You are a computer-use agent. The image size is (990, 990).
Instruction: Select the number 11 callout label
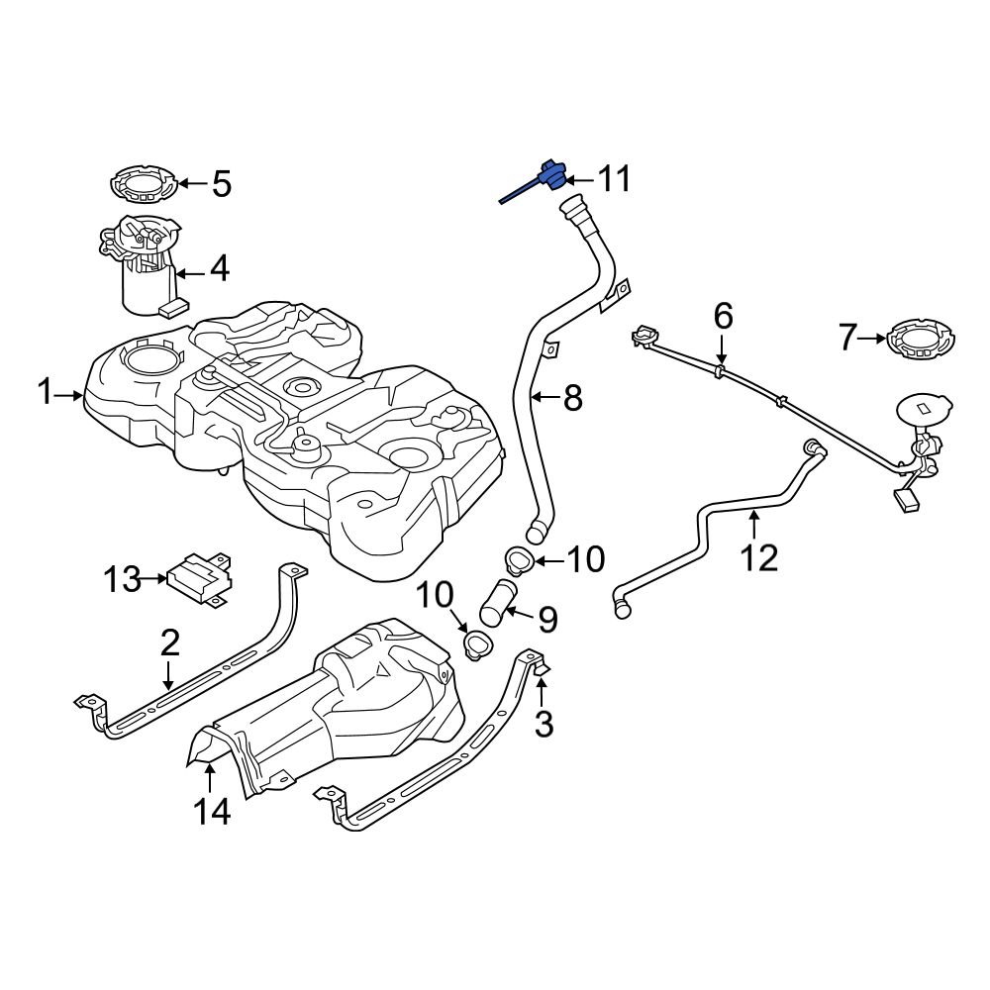(x=612, y=179)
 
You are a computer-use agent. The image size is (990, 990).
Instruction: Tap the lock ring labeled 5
(x=145, y=185)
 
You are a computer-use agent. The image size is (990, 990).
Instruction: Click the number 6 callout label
(x=723, y=317)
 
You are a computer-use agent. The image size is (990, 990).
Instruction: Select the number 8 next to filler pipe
(x=572, y=399)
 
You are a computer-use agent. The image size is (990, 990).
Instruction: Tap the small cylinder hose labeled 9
(x=496, y=601)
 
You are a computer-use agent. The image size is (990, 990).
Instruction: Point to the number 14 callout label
(x=212, y=812)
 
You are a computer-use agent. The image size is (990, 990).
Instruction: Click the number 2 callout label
(x=169, y=643)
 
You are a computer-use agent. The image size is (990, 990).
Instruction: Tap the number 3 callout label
(x=544, y=724)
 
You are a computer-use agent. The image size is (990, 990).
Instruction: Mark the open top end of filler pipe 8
(x=573, y=209)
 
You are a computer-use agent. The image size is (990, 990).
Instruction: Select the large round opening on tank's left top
(x=150, y=359)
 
